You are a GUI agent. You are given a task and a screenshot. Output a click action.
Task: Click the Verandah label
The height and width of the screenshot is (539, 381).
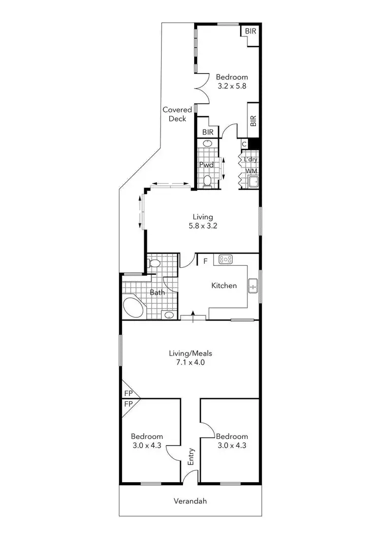(190, 501)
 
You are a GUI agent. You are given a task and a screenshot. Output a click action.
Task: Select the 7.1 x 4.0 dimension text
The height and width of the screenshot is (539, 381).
(190, 363)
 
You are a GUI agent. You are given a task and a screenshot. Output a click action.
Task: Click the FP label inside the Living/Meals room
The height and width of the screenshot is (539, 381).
(128, 393)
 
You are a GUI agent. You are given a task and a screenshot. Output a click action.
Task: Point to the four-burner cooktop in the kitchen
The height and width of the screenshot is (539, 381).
(226, 260)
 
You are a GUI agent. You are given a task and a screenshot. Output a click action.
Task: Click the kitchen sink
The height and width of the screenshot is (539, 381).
(253, 286)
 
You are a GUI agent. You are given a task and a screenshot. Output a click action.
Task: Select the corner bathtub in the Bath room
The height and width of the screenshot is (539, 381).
(134, 308)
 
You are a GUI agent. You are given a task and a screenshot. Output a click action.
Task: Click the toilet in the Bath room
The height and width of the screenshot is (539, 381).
(154, 263)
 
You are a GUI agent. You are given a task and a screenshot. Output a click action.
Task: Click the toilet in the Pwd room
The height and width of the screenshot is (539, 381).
(207, 181)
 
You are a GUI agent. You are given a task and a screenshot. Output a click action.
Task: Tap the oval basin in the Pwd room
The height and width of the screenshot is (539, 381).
(207, 144)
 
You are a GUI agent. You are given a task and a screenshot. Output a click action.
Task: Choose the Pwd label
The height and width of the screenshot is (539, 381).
(206, 165)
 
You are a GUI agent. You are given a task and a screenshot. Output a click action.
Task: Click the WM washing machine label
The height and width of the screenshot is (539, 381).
(251, 171)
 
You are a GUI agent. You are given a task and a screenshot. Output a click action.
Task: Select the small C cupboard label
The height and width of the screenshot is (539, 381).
(244, 144)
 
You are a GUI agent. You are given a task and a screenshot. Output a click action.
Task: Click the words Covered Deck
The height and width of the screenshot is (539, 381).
(177, 114)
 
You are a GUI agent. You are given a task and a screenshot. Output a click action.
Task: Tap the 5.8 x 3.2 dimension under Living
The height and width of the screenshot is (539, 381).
(203, 226)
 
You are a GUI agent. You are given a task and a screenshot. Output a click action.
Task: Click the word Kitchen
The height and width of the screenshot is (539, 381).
(224, 286)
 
